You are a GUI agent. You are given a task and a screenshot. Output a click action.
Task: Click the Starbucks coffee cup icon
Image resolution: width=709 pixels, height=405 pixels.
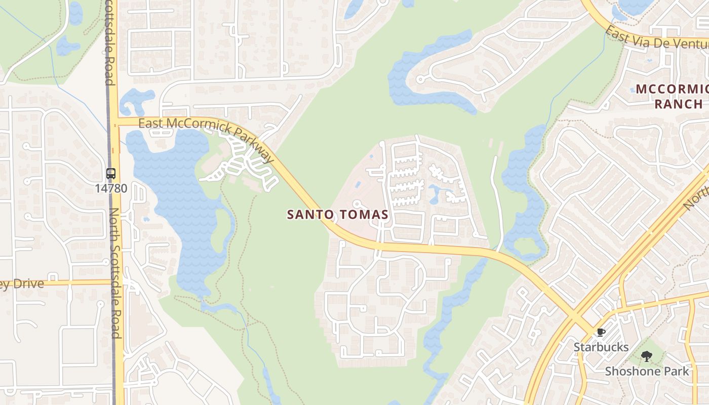click(601, 333)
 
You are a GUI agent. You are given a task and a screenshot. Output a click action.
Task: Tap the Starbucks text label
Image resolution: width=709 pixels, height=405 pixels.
click(601, 347)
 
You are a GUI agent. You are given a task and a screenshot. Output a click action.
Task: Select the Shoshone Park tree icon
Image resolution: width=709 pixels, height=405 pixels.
click(646, 356)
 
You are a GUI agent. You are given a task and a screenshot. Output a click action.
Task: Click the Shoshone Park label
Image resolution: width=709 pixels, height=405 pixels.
click(647, 371)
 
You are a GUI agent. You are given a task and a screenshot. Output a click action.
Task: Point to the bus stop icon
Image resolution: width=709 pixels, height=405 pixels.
click(111, 174)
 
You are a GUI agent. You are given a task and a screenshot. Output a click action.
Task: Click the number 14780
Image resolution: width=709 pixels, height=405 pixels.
click(111, 188)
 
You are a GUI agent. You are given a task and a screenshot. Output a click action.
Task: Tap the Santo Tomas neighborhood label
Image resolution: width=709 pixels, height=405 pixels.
click(338, 215)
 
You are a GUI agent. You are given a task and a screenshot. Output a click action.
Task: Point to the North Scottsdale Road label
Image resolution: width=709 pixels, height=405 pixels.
click(116, 273)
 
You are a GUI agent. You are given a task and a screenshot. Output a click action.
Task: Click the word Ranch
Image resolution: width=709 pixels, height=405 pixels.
click(678, 104)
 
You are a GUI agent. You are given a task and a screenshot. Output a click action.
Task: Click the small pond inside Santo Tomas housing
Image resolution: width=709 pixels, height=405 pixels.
click(434, 193)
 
